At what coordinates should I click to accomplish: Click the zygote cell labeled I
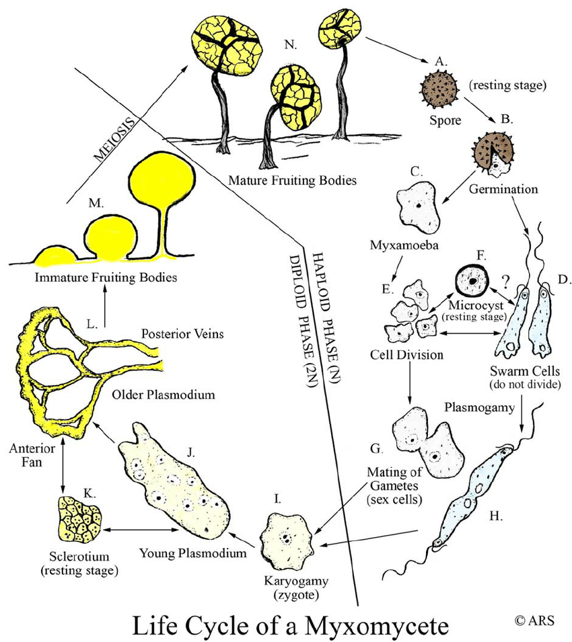288,537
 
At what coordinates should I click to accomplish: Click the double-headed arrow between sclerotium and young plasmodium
140,530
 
